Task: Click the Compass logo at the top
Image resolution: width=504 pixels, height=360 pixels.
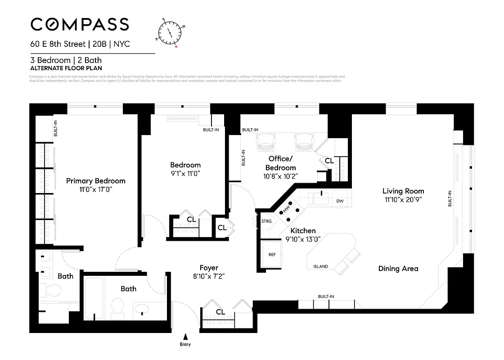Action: coord(80,24)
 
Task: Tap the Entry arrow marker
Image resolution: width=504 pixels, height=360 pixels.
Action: coord(185,336)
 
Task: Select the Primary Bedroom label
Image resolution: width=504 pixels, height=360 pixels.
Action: coord(95,181)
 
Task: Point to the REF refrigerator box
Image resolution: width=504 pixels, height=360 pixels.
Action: coord(272,254)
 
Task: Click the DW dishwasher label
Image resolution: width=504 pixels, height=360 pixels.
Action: coord(340,201)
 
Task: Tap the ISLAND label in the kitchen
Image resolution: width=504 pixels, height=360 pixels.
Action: coord(320,266)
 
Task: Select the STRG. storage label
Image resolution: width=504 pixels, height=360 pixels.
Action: coord(267,221)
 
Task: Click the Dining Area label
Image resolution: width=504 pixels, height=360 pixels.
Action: coord(398,269)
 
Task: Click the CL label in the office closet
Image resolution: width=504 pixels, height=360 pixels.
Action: coord(329,161)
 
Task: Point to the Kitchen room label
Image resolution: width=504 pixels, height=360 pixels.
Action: coord(303,230)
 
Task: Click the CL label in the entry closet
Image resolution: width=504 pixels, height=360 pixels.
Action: coord(220,312)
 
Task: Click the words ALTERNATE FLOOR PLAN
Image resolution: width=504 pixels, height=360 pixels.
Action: coord(66,68)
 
